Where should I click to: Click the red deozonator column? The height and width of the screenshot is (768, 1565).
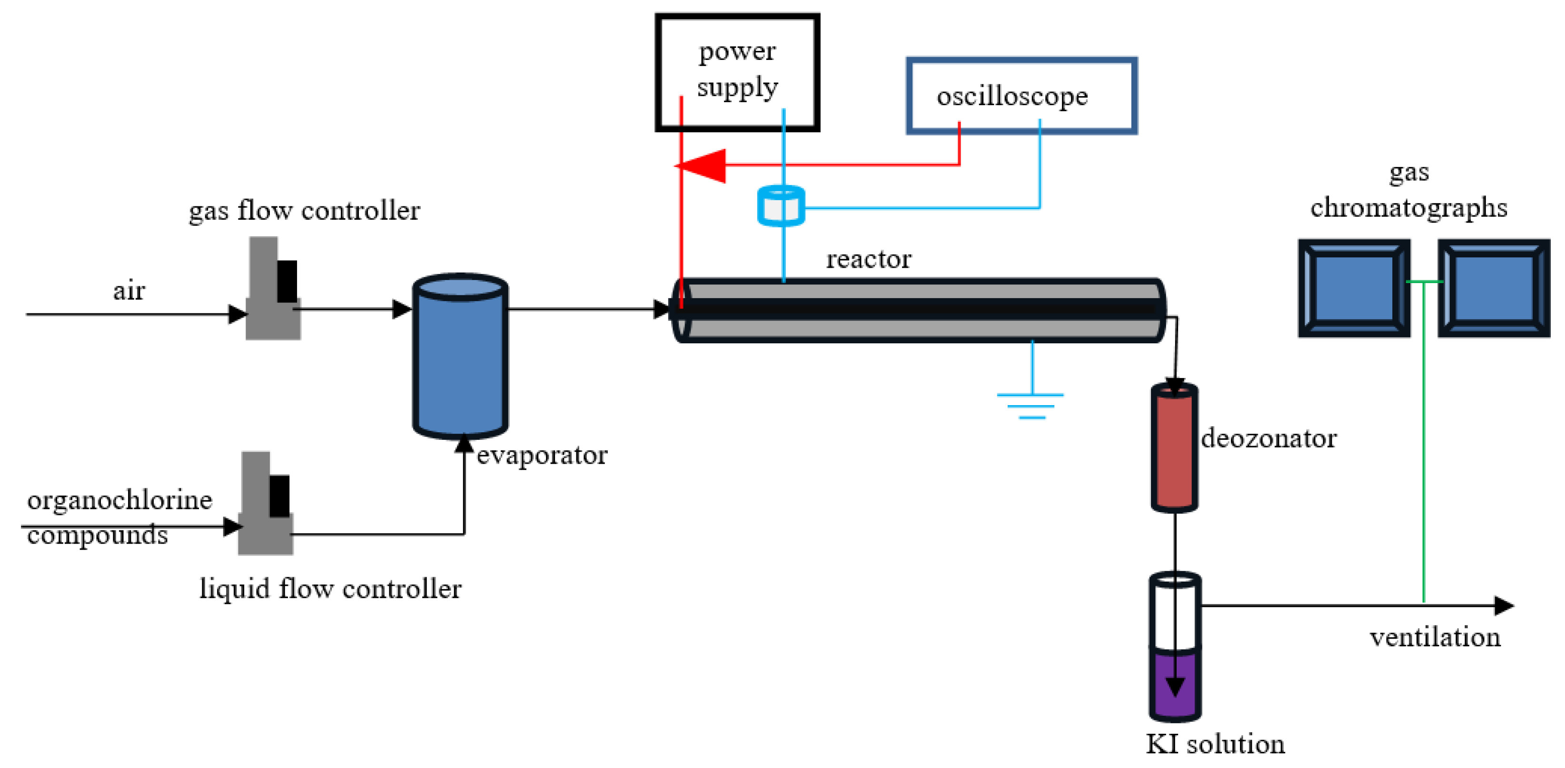1174,449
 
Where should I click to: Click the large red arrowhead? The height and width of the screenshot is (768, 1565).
705,165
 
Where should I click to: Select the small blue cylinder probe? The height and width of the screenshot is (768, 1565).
781,207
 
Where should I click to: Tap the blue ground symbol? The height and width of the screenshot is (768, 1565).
1030,404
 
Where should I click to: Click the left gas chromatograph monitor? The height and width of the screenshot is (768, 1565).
1354,288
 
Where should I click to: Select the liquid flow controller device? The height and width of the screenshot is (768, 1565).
265,504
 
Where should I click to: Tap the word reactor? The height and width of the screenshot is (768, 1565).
868,260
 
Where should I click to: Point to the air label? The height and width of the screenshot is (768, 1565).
129,292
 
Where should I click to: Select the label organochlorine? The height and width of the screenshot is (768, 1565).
119,500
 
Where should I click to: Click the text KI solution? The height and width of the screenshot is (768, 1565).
1215,744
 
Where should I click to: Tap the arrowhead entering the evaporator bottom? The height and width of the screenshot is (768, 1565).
464,444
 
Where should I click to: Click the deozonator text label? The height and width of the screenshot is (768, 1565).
1268,438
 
